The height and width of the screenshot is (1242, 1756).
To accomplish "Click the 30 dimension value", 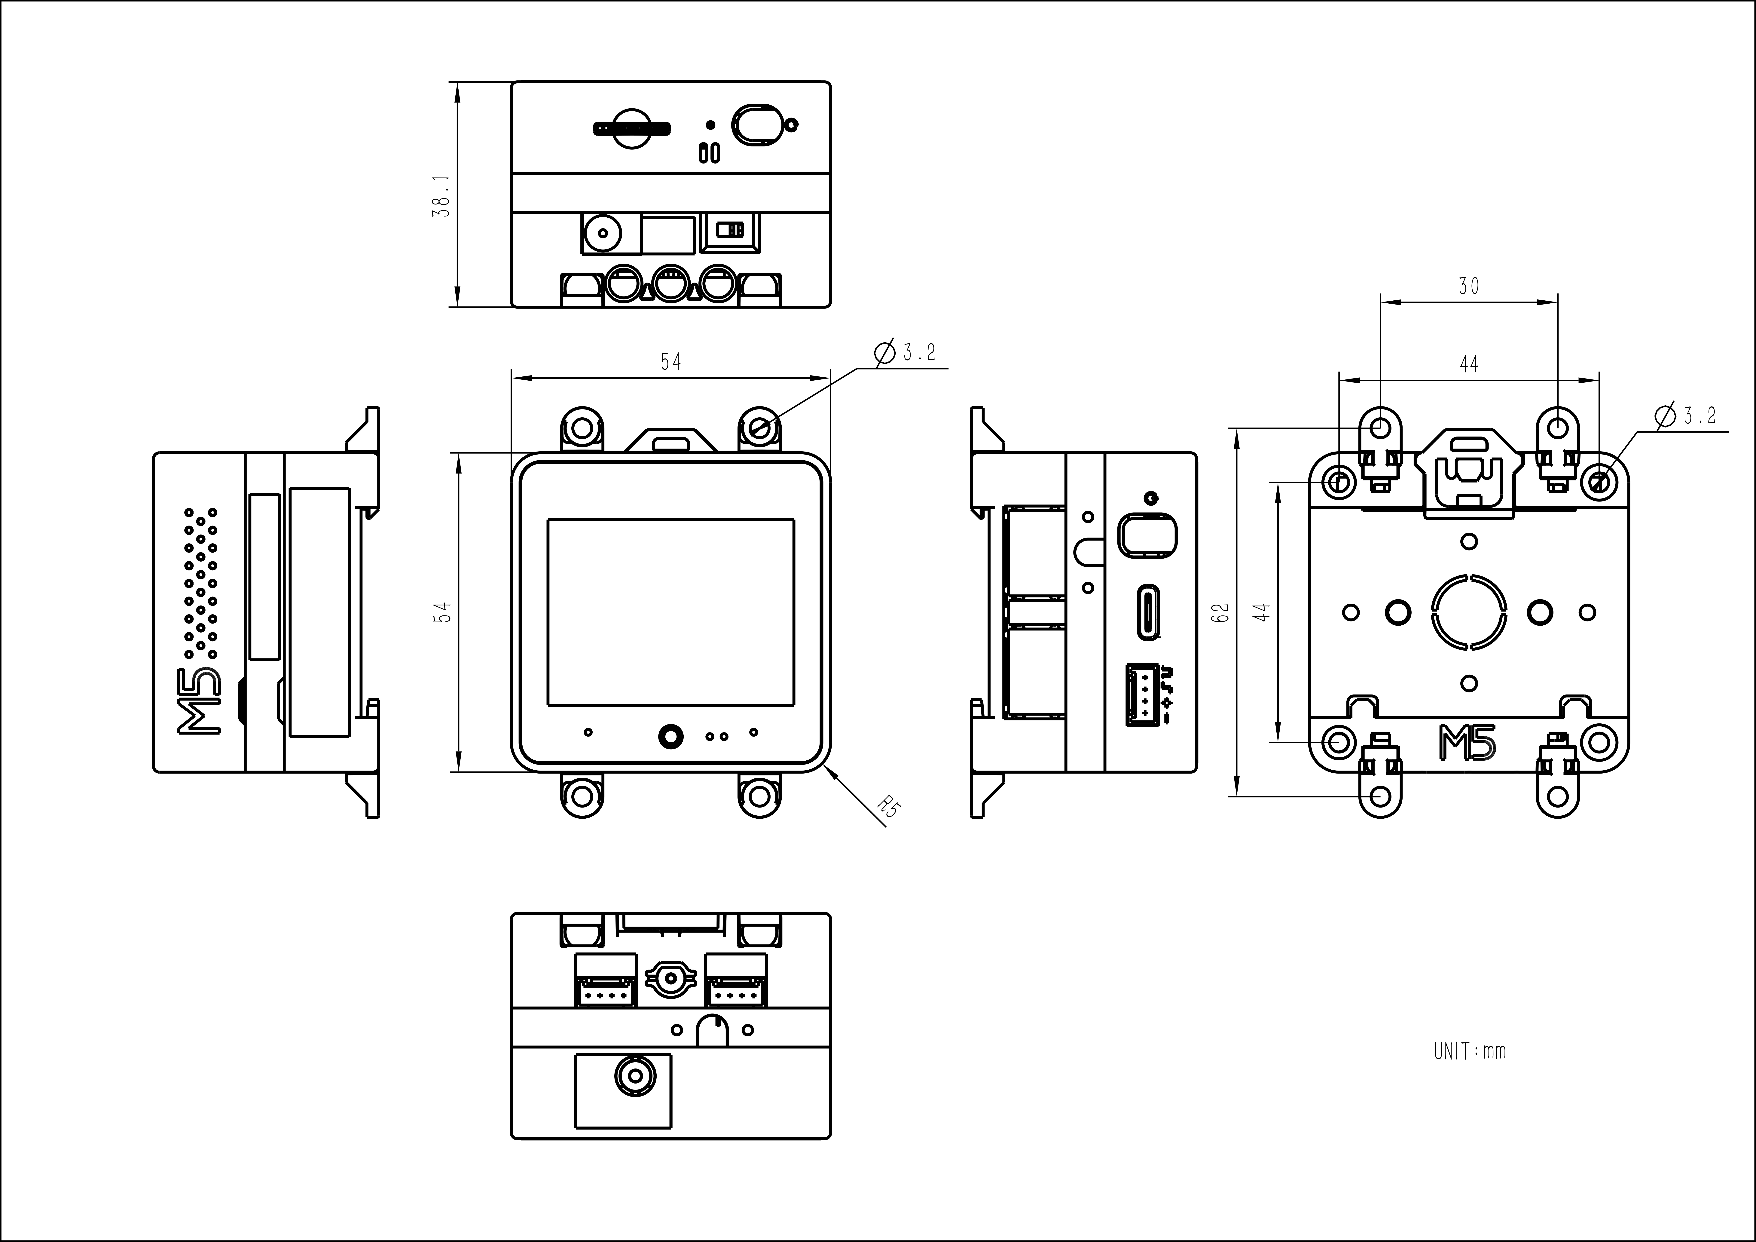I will point(1468,286).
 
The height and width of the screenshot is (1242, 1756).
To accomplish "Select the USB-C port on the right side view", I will point(1149,612).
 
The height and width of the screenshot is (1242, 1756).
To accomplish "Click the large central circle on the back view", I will point(1468,612).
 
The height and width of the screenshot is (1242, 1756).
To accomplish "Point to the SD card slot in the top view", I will point(633,128).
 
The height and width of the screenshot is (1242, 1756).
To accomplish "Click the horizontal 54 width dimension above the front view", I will point(671,361).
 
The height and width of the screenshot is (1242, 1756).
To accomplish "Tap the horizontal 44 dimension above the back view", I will point(1468,364).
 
